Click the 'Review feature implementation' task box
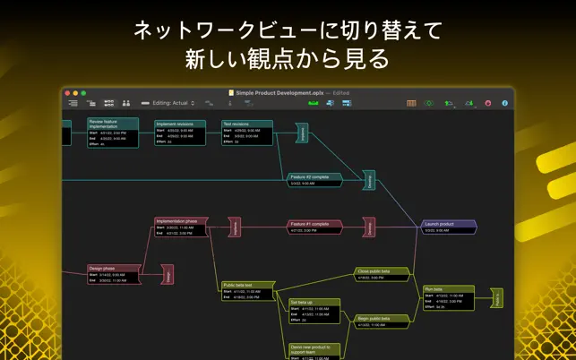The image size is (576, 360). (x=113, y=132)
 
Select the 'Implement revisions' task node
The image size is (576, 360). (x=180, y=132)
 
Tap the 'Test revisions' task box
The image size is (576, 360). (x=247, y=132)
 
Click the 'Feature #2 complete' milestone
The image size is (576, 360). (x=314, y=179)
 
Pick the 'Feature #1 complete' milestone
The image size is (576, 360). (x=314, y=227)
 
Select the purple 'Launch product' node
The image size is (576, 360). (x=449, y=227)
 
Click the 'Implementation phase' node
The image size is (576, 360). (x=180, y=226)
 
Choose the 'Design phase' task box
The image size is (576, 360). (x=114, y=273)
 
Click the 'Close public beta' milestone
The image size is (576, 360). (x=382, y=273)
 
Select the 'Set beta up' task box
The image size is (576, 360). (x=314, y=310)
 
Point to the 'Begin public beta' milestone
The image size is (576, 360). (x=382, y=321)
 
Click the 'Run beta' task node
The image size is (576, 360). (x=448, y=297)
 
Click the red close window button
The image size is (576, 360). (x=68, y=92)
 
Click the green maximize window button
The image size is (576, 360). (x=83, y=92)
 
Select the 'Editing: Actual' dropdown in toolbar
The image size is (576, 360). (x=173, y=103)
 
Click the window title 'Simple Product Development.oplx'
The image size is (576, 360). (x=278, y=92)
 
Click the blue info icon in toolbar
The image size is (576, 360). (x=504, y=103)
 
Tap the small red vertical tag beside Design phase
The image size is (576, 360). (x=167, y=274)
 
